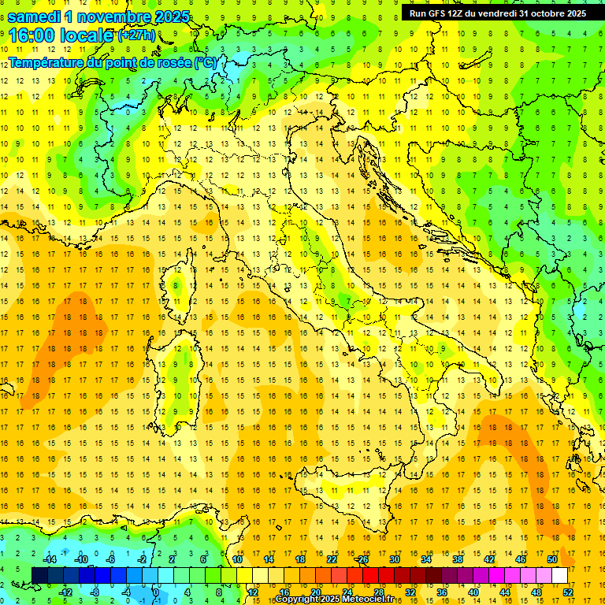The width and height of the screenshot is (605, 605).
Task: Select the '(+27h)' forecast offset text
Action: [136, 35]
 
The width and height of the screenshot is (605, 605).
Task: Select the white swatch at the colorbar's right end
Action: [559, 575]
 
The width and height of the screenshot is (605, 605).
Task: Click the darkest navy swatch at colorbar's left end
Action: [40, 575]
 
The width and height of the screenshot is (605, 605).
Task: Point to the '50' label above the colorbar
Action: [551, 559]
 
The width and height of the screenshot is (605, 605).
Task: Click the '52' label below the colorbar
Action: [567, 592]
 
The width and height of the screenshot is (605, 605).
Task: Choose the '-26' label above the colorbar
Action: [362, 559]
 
